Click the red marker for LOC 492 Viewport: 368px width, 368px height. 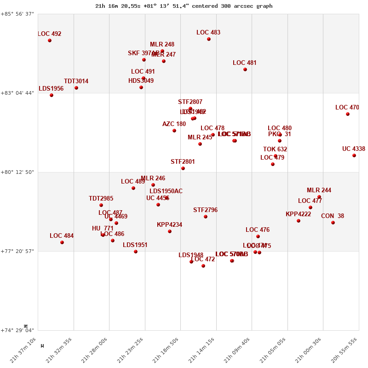pyautogui.click(x=50, y=40)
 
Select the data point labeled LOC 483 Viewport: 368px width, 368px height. pyautogui.click(x=209, y=39)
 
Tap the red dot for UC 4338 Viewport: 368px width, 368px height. pyautogui.click(x=354, y=155)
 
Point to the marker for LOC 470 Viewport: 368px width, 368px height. pyautogui.click(x=348, y=114)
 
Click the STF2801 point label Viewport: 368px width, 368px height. pyautogui.click(x=183, y=162)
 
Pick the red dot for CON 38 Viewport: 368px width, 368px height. pyautogui.click(x=333, y=223)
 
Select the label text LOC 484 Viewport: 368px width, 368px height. pyautogui.click(x=62, y=236)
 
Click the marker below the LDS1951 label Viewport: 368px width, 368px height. pyautogui.click(x=136, y=252)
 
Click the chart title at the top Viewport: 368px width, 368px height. pyautogui.click(x=184, y=6)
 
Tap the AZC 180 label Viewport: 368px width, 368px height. pyautogui.click(x=174, y=124)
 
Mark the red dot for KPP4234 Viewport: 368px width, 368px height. pyautogui.click(x=170, y=231)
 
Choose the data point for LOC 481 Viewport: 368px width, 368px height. pyautogui.click(x=245, y=69)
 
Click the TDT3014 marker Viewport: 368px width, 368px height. pyautogui.click(x=76, y=88)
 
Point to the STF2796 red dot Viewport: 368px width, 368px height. pyautogui.click(x=206, y=217)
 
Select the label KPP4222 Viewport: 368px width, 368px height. pyautogui.click(x=298, y=214)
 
